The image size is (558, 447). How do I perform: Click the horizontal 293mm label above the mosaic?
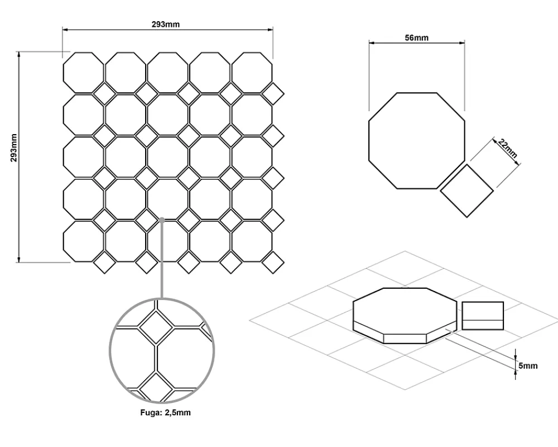click(x=166, y=24)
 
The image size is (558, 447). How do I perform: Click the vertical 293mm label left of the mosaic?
click(x=13, y=148)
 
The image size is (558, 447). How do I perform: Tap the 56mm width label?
click(x=416, y=37)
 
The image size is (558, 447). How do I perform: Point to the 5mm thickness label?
click(x=528, y=366)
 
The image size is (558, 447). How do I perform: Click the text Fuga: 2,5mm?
click(x=166, y=412)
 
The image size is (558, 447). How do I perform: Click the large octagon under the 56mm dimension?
click(x=417, y=140)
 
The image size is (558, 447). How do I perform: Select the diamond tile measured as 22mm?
click(x=466, y=191)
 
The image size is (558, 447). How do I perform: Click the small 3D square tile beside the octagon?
click(x=483, y=316)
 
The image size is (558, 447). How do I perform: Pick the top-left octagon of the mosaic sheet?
click(x=84, y=73)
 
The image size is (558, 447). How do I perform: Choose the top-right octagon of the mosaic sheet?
click(x=252, y=73)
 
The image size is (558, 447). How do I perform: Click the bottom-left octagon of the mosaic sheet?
click(x=84, y=241)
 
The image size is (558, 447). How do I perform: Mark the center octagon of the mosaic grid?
click(x=167, y=157)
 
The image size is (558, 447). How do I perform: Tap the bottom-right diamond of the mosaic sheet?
click(x=273, y=263)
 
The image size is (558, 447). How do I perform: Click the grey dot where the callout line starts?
click(x=162, y=220)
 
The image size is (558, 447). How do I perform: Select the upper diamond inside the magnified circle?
click(x=156, y=327)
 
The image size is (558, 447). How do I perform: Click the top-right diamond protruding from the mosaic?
click(x=273, y=94)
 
